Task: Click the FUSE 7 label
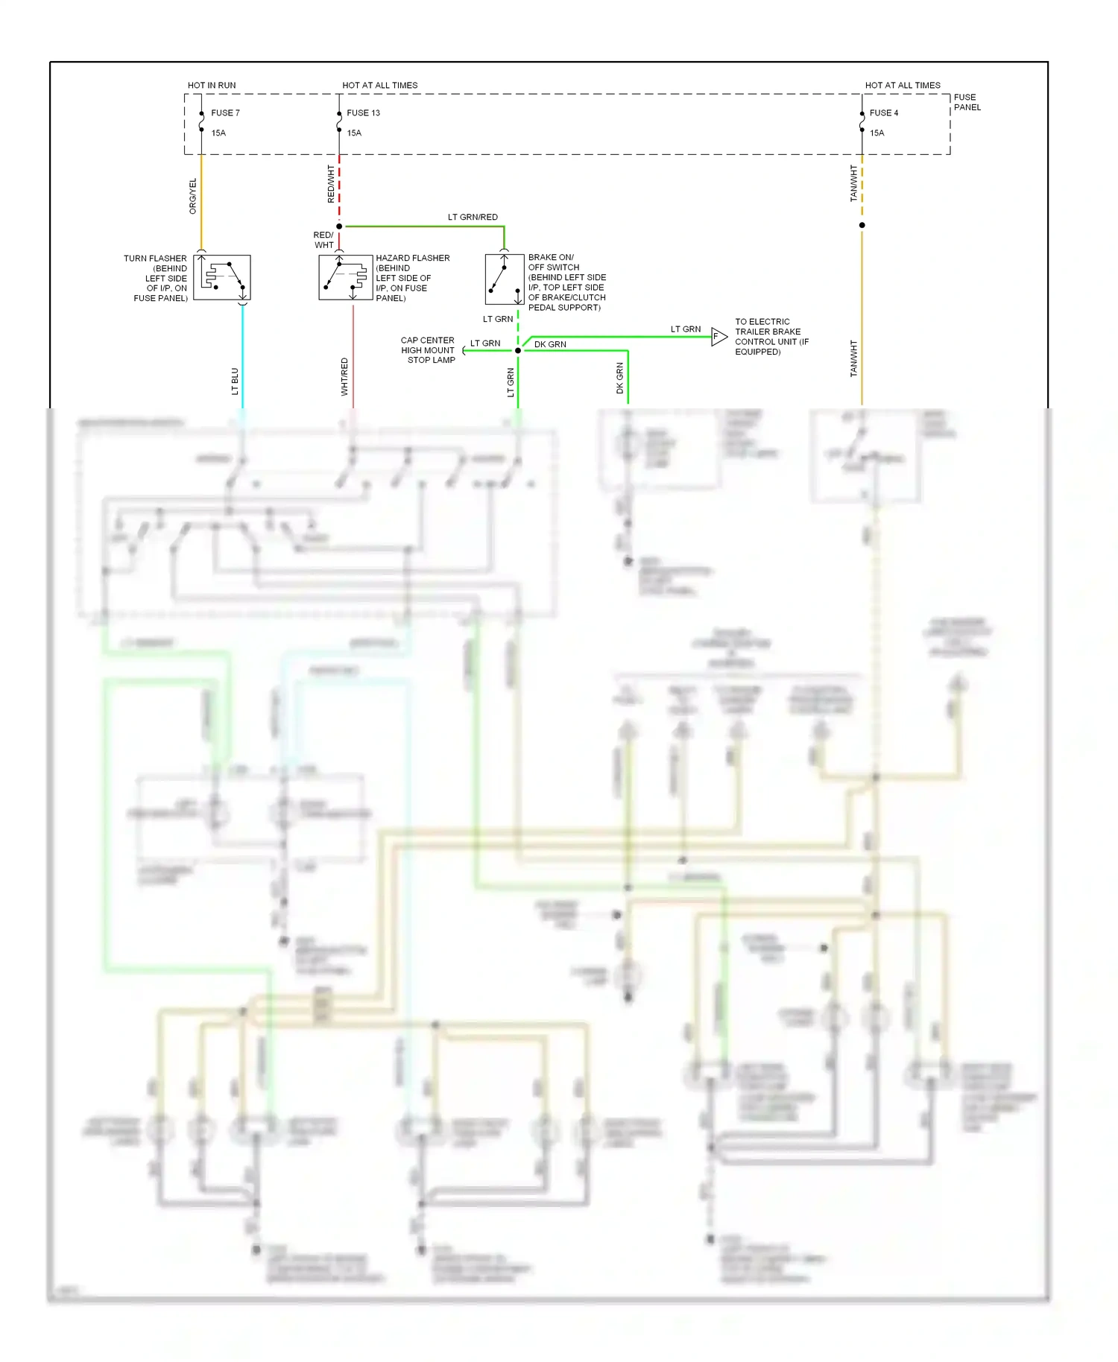coord(225,113)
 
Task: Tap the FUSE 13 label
coord(363,113)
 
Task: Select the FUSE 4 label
coord(883,113)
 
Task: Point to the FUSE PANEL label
coord(967,102)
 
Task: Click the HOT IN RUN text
coord(212,86)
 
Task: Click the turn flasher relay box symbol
coord(222,278)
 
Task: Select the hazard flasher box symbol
coord(345,278)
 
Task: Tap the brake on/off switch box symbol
coord(505,279)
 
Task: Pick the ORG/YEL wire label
coord(193,197)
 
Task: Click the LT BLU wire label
coord(235,381)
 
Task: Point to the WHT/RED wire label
coord(344,376)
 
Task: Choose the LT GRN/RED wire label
coord(473,218)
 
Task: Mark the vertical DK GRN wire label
coord(619,378)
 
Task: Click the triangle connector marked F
coord(719,337)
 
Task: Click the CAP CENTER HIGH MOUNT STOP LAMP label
coord(429,350)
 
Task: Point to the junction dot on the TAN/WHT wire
coord(862,225)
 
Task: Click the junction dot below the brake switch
coord(518,350)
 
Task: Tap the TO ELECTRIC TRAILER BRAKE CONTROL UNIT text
coord(771,337)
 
